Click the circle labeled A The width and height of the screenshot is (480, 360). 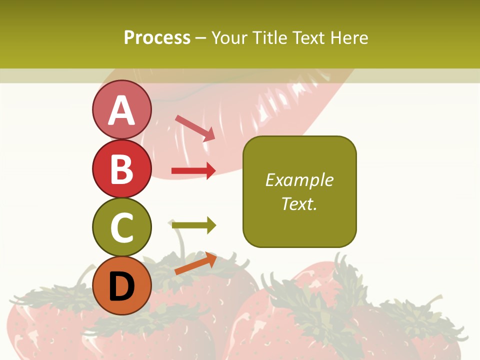pyautogui.click(x=121, y=109)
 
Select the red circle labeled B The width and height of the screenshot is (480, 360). pyautogui.click(x=121, y=168)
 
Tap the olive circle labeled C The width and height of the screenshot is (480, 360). pyautogui.click(x=121, y=227)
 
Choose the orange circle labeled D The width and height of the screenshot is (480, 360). pyautogui.click(x=121, y=285)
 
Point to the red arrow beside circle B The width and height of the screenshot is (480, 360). pyautogui.click(x=193, y=171)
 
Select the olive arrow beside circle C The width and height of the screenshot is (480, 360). pyautogui.click(x=193, y=225)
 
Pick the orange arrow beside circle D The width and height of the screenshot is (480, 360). pyautogui.click(x=195, y=263)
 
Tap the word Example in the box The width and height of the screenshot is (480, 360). pyautogui.click(x=299, y=180)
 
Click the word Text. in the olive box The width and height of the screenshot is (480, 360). pyautogui.click(x=299, y=203)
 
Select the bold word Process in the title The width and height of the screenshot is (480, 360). pyautogui.click(x=157, y=37)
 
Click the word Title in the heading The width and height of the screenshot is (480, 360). pyautogui.click(x=270, y=37)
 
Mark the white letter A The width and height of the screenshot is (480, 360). pyautogui.click(x=121, y=110)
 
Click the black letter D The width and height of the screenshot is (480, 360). pyautogui.click(x=121, y=286)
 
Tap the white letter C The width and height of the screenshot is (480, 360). pyautogui.click(x=121, y=227)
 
